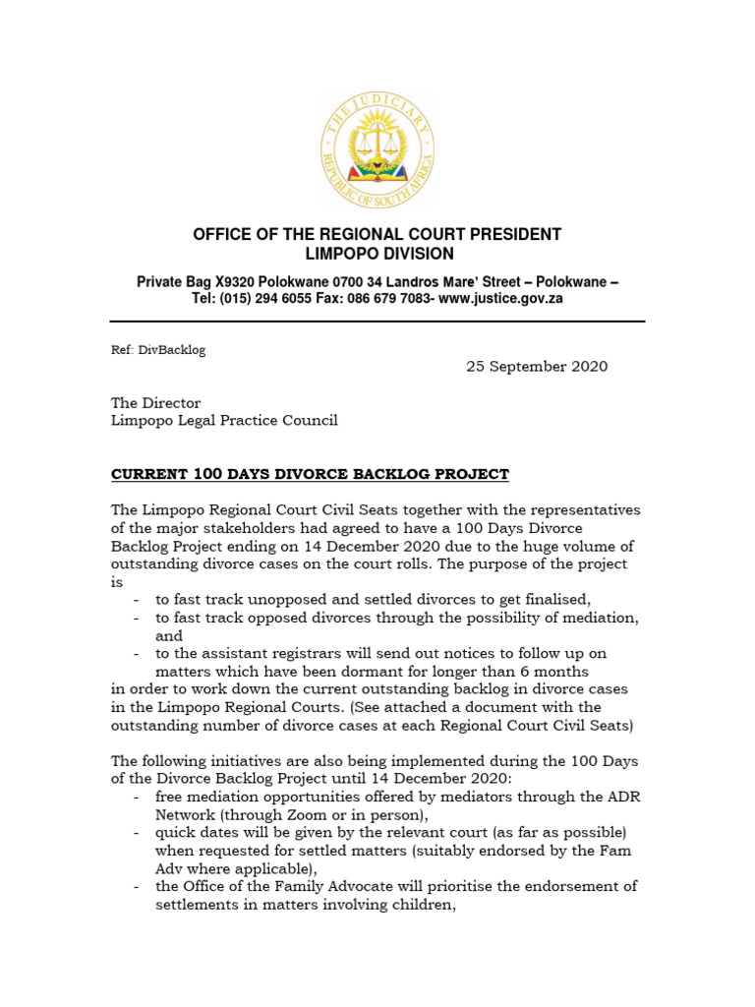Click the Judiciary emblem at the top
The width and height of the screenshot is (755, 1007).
click(x=377, y=154)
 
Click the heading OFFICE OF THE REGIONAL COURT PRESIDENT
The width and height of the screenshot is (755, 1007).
click(x=377, y=235)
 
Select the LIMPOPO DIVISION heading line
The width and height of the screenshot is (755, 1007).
click(x=377, y=254)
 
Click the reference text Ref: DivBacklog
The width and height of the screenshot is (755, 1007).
click(x=157, y=350)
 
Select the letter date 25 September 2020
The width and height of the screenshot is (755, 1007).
click(x=536, y=367)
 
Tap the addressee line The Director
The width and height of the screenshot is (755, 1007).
click(x=155, y=403)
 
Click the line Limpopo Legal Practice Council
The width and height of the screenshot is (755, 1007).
click(x=224, y=421)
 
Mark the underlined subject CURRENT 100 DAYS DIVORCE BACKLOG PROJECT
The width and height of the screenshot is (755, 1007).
click(x=310, y=475)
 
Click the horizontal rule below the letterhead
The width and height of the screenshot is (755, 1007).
click(x=377, y=322)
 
